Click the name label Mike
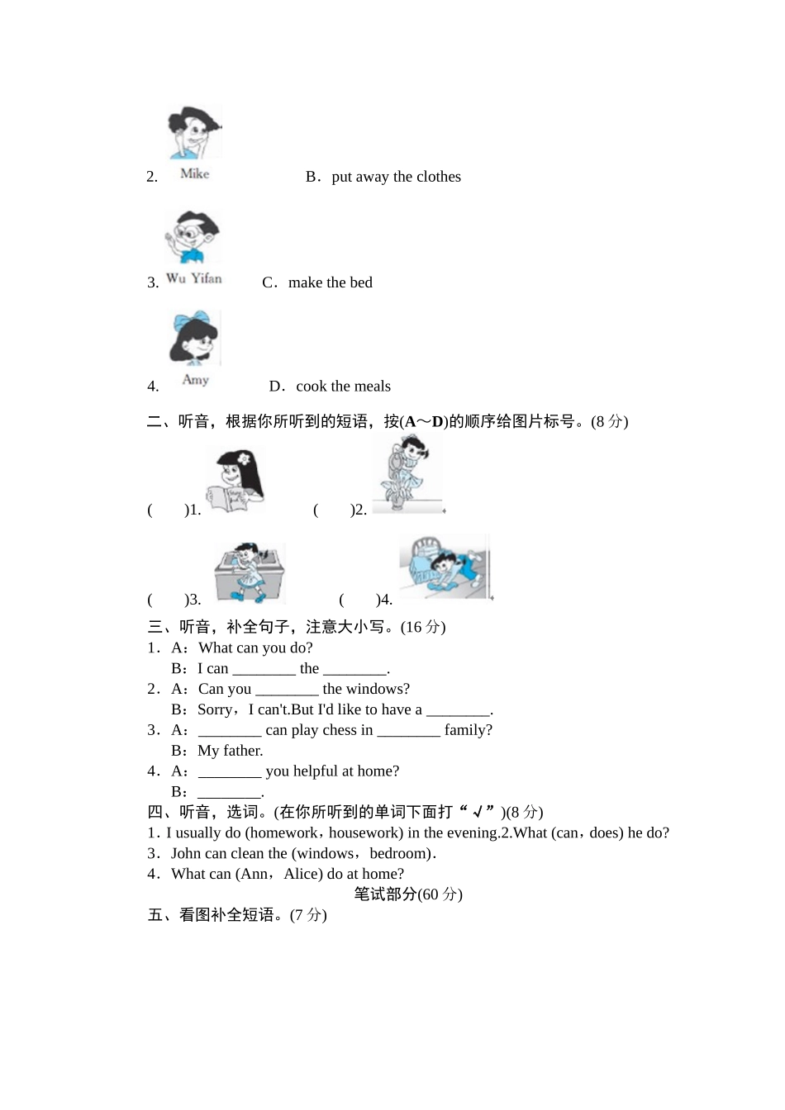click(x=195, y=173)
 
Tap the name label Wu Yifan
click(x=194, y=278)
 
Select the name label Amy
click(x=196, y=380)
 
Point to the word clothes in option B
click(x=439, y=177)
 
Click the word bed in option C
click(x=361, y=282)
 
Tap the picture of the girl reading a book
click(x=235, y=481)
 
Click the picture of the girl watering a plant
click(x=407, y=474)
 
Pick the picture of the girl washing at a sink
click(x=250, y=572)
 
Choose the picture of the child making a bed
click(x=445, y=567)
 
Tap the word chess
click(x=340, y=730)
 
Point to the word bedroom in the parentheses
click(x=399, y=853)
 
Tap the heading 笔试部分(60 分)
click(x=408, y=894)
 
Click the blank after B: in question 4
click(x=229, y=791)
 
